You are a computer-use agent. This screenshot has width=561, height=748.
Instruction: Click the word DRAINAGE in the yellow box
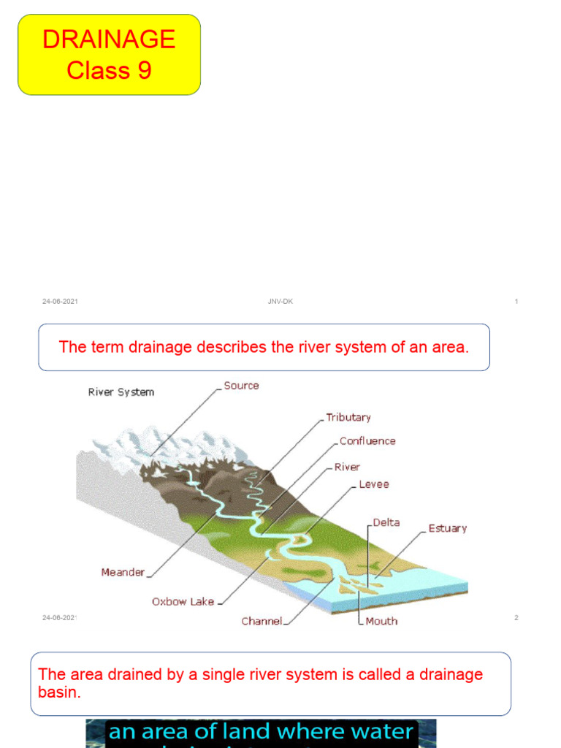109,39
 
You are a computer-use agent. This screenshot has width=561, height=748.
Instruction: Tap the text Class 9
109,70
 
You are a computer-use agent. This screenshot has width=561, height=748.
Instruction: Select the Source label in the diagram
241,386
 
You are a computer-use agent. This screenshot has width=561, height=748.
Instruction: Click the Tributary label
348,418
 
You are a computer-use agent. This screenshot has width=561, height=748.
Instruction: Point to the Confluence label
367,441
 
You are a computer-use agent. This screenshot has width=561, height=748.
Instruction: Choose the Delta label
386,523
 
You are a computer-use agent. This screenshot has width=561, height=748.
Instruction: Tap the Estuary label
447,528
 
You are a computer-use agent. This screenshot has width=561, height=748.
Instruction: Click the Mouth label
381,621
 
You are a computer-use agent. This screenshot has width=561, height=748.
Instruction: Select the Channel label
262,622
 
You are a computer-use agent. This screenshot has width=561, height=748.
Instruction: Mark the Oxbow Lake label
183,602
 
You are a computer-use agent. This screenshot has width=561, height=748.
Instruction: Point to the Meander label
123,573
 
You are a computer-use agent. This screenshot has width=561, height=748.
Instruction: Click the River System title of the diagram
121,392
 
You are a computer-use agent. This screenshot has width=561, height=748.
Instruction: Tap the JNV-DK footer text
280,302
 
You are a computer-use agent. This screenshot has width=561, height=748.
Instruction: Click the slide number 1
516,302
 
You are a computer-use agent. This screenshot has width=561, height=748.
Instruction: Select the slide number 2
516,618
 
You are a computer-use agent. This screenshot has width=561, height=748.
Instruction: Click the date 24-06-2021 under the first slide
60,302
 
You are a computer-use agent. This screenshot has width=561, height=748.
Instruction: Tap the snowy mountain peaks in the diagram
139,442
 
